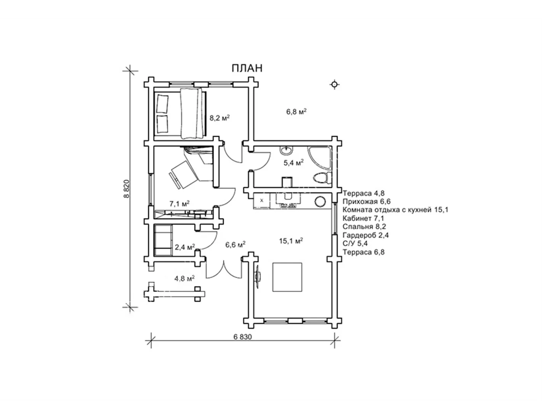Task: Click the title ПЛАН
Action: click(247, 68)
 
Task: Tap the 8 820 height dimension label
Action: click(127, 189)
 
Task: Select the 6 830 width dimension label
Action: click(243, 337)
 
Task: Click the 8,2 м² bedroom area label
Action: click(220, 118)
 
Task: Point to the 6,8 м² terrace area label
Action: click(296, 111)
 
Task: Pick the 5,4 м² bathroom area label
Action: click(293, 163)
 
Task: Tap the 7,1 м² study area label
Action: click(180, 204)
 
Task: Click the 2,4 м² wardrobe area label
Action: click(185, 247)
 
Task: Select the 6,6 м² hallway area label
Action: click(236, 245)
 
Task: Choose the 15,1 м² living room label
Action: click(291, 241)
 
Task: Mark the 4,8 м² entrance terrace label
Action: click(184, 278)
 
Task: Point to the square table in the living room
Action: click(287, 277)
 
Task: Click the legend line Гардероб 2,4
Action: click(366, 235)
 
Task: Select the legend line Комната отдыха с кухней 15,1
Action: click(395, 210)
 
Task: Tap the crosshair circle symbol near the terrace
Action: click(335, 85)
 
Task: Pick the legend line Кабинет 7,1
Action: click(363, 218)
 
